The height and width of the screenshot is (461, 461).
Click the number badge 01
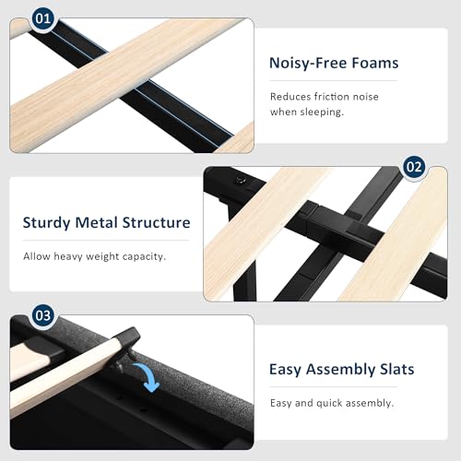42,18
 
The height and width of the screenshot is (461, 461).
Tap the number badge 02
414,167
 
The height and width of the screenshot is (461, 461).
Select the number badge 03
42,315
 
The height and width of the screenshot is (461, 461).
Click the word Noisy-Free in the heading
308,64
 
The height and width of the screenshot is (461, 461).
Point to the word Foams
375,63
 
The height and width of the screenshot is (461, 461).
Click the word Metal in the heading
96,222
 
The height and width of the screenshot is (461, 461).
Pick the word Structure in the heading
156,222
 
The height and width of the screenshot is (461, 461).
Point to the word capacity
144,256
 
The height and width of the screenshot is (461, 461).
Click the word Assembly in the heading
340,370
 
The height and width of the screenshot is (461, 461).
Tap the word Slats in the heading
397,369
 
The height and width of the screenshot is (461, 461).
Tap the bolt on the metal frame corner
240,181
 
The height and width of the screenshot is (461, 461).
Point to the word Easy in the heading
285,370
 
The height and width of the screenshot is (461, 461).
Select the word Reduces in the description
290,97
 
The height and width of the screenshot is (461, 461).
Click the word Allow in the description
37,256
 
